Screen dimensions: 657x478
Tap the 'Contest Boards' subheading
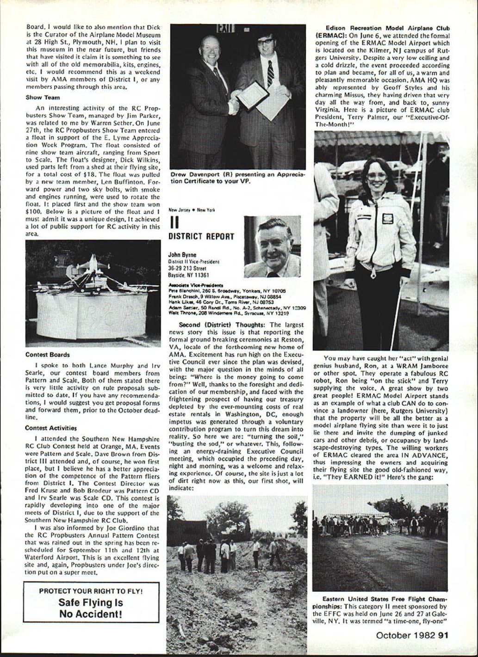tap(47, 355)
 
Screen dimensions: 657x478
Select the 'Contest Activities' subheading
tap(51, 428)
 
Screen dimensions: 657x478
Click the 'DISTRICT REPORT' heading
tap(201, 236)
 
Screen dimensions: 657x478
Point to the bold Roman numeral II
tap(174, 222)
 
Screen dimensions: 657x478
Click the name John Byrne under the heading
tap(182, 255)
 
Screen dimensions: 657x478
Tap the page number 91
tap(443, 635)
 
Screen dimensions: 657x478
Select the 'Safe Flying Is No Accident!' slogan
tap(91, 608)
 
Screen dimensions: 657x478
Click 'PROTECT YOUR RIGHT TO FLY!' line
tap(91, 591)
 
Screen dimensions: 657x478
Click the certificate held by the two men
tap(253, 95)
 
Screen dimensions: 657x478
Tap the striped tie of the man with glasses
tap(270, 74)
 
